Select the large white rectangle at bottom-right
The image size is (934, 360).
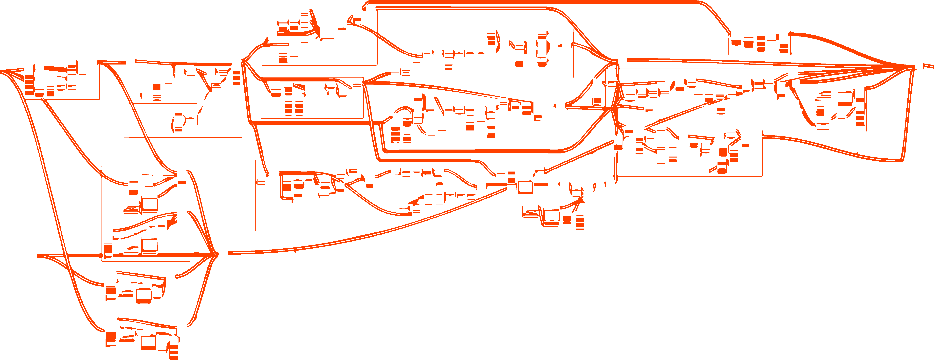767,288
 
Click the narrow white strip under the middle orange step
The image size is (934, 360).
448,339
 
